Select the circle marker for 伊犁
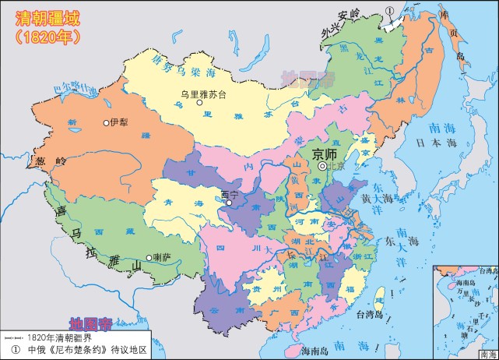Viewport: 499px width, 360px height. pyautogui.click(x=106, y=122)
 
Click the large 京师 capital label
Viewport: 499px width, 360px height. pyautogui.click(x=325, y=154)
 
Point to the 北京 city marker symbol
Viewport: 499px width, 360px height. pyautogui.click(x=322, y=166)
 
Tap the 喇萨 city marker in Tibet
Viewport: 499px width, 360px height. pyautogui.click(x=149, y=258)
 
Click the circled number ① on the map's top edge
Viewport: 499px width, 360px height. pyautogui.click(x=389, y=11)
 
